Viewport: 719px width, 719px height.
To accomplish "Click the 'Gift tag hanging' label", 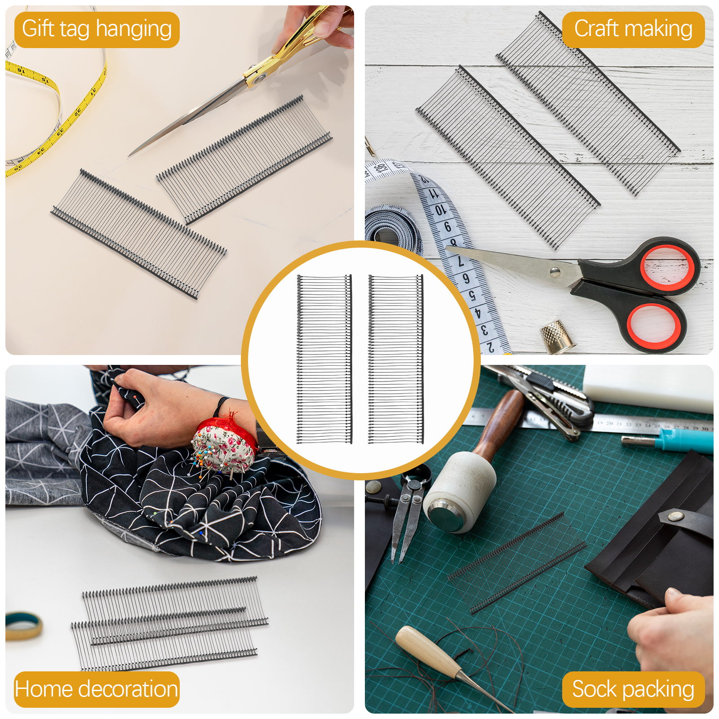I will (97, 29).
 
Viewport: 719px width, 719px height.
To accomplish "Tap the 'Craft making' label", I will (633, 29).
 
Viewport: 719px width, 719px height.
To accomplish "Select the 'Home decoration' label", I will (97, 689).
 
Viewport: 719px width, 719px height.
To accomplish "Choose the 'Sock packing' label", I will (633, 689).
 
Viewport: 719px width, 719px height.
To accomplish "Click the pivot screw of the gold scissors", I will (258, 80).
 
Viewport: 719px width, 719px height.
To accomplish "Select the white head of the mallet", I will (458, 492).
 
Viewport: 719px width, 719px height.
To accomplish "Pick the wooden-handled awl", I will (431, 652).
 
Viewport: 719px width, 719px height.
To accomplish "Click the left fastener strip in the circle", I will (324, 359).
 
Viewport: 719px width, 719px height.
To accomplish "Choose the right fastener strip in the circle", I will (395, 359).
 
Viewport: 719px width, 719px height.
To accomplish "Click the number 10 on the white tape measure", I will (440, 210).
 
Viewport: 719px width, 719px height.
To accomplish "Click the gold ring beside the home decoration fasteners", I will (22, 625).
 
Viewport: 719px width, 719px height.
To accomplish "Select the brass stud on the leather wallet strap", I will (673, 517).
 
